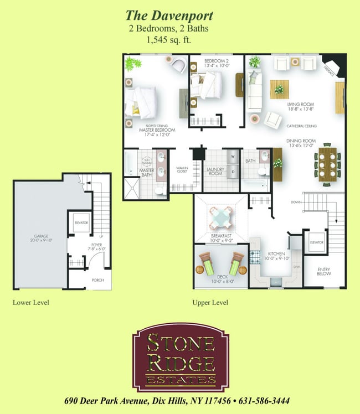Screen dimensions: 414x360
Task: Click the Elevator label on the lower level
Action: [81, 222]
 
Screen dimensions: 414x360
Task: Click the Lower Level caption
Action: [31, 303]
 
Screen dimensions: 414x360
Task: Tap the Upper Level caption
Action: [210, 303]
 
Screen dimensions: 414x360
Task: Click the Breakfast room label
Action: [220, 239]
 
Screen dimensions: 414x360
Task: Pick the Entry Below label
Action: [323, 272]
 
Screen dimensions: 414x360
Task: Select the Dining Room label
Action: [301, 143]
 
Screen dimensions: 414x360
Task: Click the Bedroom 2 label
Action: [216, 63]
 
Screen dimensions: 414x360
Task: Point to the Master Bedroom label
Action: [157, 131]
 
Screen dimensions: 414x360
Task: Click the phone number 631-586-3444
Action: [265, 401]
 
